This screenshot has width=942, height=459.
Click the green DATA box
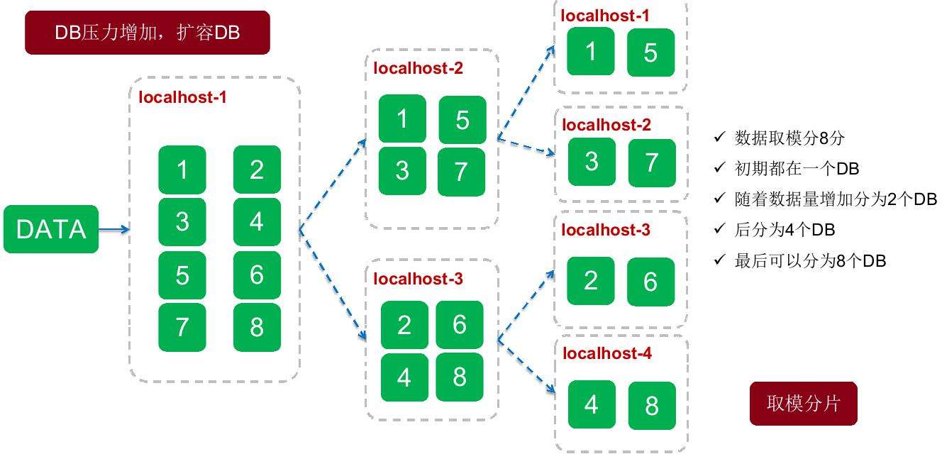[51, 229]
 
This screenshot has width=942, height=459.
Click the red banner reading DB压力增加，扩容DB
[148, 33]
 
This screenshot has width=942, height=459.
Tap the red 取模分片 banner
[803, 404]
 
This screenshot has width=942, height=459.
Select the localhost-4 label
[606, 353]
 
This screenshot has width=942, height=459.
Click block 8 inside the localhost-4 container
[651, 405]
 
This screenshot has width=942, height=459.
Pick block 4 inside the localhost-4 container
[592, 404]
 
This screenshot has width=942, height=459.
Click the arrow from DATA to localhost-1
[113, 229]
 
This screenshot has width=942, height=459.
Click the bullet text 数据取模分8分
[789, 138]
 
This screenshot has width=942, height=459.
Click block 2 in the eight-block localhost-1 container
[257, 170]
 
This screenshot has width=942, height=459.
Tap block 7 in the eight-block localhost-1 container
[182, 327]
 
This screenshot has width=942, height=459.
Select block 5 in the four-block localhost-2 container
[462, 120]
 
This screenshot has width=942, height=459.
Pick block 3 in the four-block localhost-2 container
[402, 171]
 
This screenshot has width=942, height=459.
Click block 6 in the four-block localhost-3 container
[459, 325]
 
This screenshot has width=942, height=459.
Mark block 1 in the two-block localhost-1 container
[591, 52]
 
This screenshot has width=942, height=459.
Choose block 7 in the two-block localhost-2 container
[651, 162]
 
